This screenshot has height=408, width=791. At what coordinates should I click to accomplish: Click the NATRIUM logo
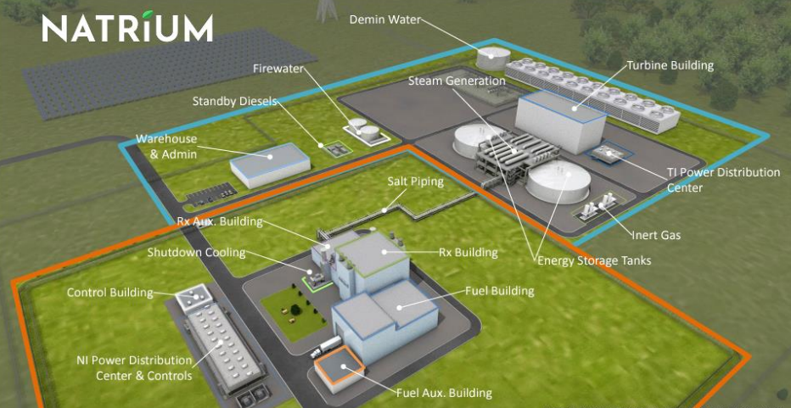pyautogui.click(x=127, y=27)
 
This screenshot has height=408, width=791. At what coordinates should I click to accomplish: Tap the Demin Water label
pyautogui.click(x=385, y=19)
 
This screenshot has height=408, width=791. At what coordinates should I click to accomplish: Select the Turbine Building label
pyautogui.click(x=670, y=64)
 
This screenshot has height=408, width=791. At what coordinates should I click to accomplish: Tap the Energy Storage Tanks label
pyautogui.click(x=594, y=260)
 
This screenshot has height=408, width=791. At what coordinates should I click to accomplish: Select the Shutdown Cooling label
pyautogui.click(x=196, y=252)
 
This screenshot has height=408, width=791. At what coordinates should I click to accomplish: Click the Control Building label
pyautogui.click(x=110, y=293)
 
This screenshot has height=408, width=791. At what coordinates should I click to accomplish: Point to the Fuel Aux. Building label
pyautogui.click(x=444, y=393)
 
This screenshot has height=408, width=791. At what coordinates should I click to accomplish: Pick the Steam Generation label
pyautogui.click(x=457, y=81)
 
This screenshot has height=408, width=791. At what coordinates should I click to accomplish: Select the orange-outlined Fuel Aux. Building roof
pyautogui.click(x=341, y=366)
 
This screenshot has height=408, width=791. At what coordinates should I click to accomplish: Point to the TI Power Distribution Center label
pyautogui.click(x=723, y=180)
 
